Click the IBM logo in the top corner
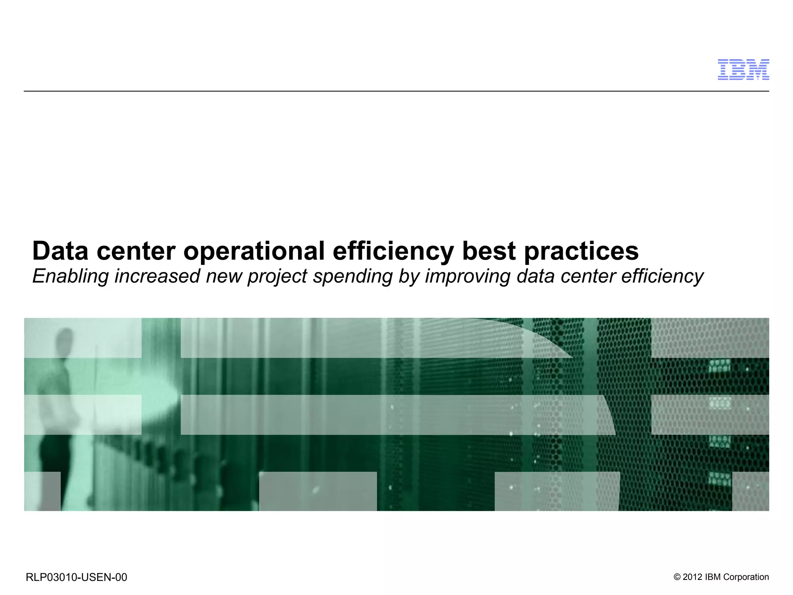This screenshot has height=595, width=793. click(x=743, y=70)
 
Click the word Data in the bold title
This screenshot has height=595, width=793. click(x=60, y=251)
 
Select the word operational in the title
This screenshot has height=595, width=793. click(x=254, y=251)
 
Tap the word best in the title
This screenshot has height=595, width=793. click(x=489, y=251)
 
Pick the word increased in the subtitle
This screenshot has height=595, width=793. click(x=157, y=276)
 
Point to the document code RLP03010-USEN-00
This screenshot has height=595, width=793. click(x=76, y=577)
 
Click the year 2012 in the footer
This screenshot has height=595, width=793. click(x=692, y=577)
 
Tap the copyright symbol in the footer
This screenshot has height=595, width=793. click(x=677, y=577)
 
